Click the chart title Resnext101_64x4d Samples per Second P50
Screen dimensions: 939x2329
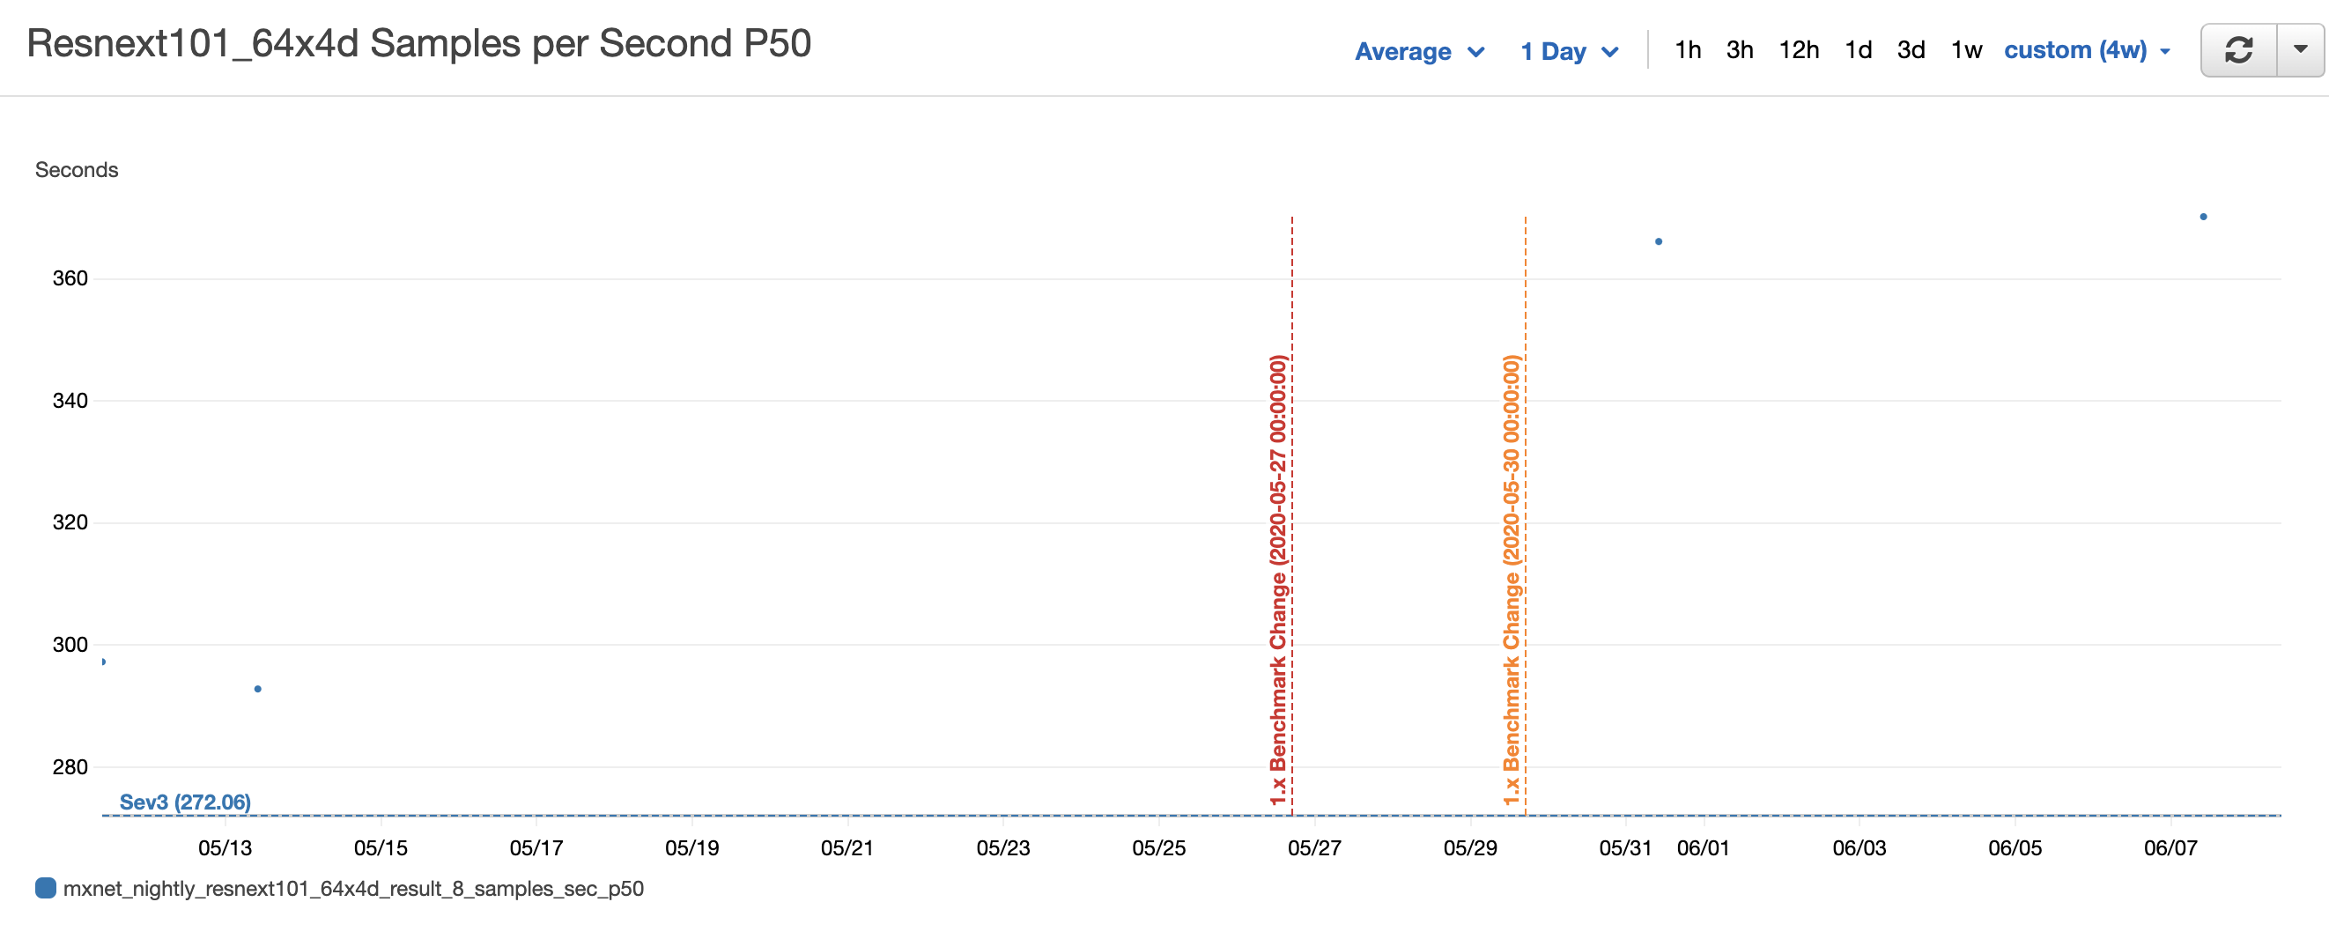(418, 43)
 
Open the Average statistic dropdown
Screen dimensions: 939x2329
(1418, 51)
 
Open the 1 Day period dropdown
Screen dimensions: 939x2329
(1568, 51)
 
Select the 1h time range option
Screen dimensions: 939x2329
(1687, 49)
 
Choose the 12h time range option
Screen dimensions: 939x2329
(1799, 49)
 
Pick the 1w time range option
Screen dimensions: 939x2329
(1965, 49)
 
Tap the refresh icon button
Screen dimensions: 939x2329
(2238, 49)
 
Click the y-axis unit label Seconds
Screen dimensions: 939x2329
(77, 170)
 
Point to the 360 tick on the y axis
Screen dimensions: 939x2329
(70, 278)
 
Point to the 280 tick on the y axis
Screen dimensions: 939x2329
(70, 767)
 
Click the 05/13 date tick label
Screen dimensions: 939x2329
(226, 848)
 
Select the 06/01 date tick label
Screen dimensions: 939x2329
(1703, 848)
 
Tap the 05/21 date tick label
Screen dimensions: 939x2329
(847, 848)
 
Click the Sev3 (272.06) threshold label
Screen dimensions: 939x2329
(185, 802)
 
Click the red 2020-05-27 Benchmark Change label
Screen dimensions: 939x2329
(1277, 579)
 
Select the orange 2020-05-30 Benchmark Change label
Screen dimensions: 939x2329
(1511, 579)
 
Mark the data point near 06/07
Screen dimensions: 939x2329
(2203, 217)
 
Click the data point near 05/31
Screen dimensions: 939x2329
(1658, 241)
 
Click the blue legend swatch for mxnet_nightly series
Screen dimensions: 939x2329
(45, 889)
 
